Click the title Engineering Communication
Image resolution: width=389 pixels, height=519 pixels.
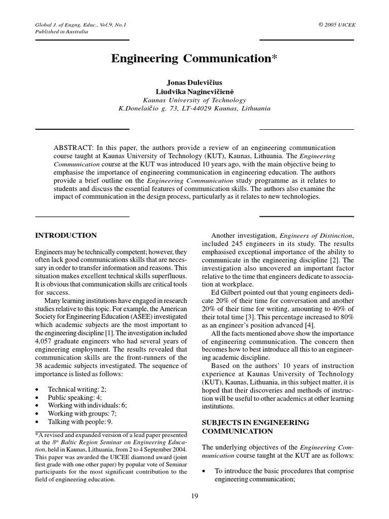point(194,59)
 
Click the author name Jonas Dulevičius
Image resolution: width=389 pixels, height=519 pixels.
point(194,83)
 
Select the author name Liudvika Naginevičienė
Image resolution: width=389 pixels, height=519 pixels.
point(194,91)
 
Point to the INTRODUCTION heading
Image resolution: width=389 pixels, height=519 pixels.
point(65,236)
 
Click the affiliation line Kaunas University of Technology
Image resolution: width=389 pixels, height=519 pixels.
point(194,100)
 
